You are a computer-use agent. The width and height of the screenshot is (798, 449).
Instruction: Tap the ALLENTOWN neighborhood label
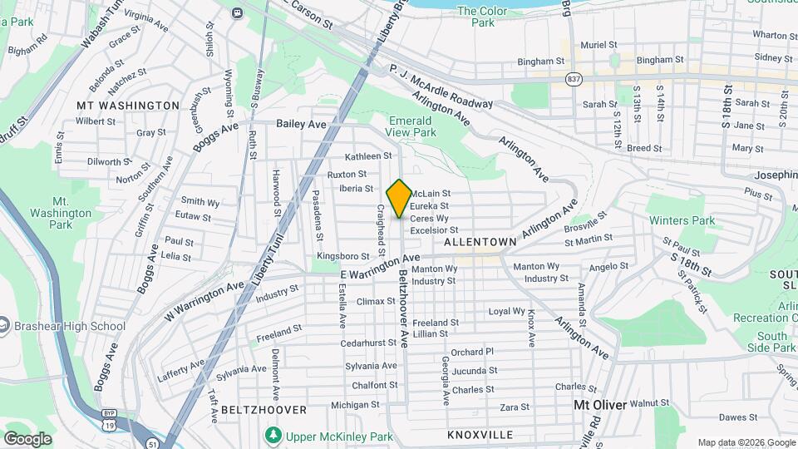[480, 241]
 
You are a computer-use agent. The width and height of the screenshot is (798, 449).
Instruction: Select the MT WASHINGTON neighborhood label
[127, 106]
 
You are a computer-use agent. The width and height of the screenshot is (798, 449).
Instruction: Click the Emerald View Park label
[411, 126]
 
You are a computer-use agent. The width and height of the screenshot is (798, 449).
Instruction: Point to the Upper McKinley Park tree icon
[273, 436]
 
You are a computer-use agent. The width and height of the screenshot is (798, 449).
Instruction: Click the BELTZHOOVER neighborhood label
[253, 410]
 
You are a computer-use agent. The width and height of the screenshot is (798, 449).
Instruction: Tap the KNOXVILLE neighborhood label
[480, 435]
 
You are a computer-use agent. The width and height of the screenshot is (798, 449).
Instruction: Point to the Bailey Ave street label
[301, 124]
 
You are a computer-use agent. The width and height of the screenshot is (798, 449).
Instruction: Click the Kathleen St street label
[368, 155]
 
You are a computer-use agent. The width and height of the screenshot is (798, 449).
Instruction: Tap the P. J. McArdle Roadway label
[441, 86]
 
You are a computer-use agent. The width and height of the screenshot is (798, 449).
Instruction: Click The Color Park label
[476, 17]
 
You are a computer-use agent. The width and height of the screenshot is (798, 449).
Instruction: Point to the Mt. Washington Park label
[71, 213]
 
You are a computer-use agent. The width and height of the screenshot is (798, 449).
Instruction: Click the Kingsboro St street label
[342, 256]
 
